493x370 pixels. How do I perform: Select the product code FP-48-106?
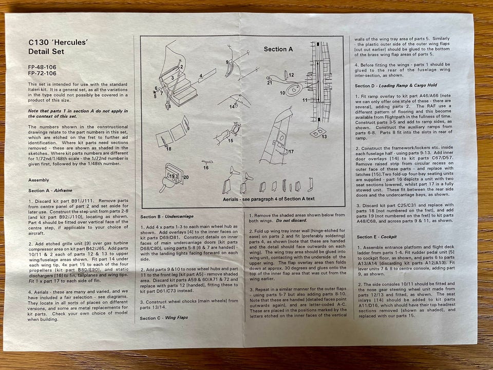pyautogui.click(x=43, y=67)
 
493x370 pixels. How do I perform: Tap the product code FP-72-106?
pyautogui.click(x=43, y=73)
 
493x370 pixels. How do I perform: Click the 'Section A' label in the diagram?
pyautogui.click(x=278, y=49)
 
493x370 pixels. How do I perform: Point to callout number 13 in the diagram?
pyautogui.click(x=324, y=137)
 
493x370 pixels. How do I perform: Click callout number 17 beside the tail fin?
pyautogui.click(x=291, y=152)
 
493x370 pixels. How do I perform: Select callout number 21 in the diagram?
pyautogui.click(x=270, y=82)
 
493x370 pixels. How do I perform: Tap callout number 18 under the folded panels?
pyautogui.click(x=168, y=149)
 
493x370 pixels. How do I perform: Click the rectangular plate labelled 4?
pyautogui.click(x=208, y=73)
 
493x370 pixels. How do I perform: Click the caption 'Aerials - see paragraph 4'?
pyautogui.click(x=269, y=199)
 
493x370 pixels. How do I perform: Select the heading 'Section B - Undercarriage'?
pyautogui.click(x=166, y=216)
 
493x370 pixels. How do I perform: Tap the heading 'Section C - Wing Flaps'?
pyautogui.click(x=164, y=318)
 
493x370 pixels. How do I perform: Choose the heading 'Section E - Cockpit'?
pyautogui.click(x=381, y=237)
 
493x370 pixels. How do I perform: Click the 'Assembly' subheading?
pyautogui.click(x=39, y=180)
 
